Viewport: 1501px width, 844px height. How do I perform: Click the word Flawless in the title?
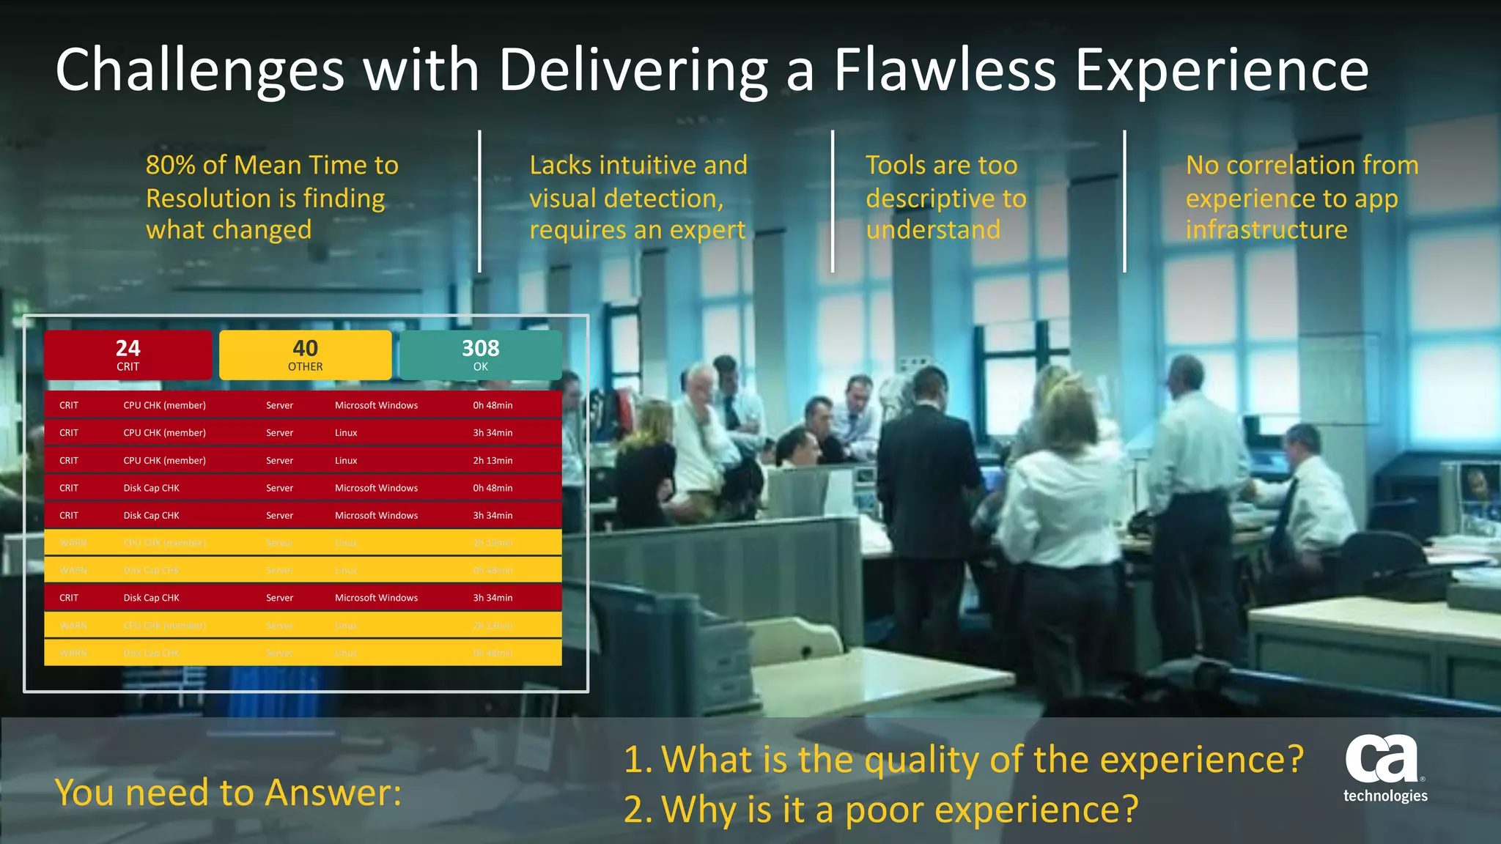coord(945,70)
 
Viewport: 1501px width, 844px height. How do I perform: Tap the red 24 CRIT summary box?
coord(128,355)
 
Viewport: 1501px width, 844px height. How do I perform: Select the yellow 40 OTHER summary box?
coord(305,355)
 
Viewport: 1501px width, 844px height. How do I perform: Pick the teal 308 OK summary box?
coord(480,355)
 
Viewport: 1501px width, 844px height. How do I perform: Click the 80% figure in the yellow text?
coord(171,166)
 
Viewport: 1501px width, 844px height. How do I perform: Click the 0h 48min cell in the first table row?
coord(493,405)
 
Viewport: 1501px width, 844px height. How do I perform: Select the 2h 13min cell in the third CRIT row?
coord(493,461)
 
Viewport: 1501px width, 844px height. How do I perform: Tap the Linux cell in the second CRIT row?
coord(346,433)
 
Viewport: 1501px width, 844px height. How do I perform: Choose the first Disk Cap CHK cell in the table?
coord(151,488)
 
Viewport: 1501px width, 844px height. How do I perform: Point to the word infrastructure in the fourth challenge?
coord(1266,230)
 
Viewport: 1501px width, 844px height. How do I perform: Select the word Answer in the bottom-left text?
coord(333,793)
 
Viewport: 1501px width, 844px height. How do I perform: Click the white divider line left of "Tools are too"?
coord(833,201)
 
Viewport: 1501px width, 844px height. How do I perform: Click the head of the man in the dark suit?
coord(930,386)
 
